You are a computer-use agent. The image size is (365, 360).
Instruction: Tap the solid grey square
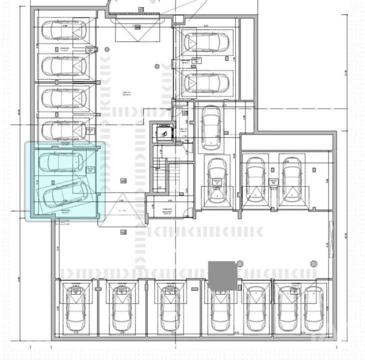222,276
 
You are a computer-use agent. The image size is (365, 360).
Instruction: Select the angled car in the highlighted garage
63,195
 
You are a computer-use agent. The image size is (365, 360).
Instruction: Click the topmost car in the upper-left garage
61,30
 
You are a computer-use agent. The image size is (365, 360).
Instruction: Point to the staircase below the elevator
159,172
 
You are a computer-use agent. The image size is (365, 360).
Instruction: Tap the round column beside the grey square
240,264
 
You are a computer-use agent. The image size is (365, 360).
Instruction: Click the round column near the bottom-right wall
313,263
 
